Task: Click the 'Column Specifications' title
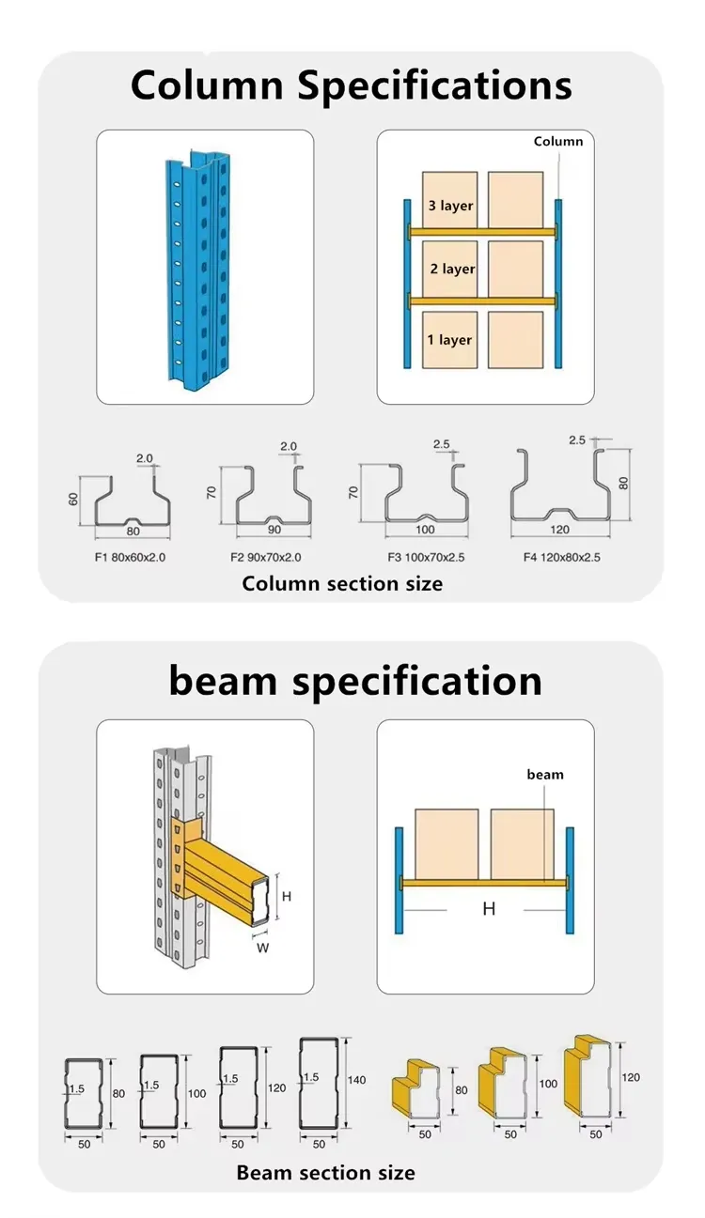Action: [x=351, y=85]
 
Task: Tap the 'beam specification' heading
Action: [x=355, y=681]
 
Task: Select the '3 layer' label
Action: [x=450, y=206]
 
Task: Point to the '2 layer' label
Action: [x=452, y=270]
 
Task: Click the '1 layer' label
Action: [x=449, y=340]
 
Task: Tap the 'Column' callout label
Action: [x=558, y=142]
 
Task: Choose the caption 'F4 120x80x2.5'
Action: [x=561, y=558]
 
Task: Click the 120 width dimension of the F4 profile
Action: [x=561, y=530]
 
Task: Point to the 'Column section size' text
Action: [x=342, y=584]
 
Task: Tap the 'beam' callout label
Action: [x=545, y=775]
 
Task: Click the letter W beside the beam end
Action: [x=263, y=948]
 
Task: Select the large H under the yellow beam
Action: [x=489, y=909]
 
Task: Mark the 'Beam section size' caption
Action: [x=325, y=1173]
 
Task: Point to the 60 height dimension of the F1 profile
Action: [x=72, y=500]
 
